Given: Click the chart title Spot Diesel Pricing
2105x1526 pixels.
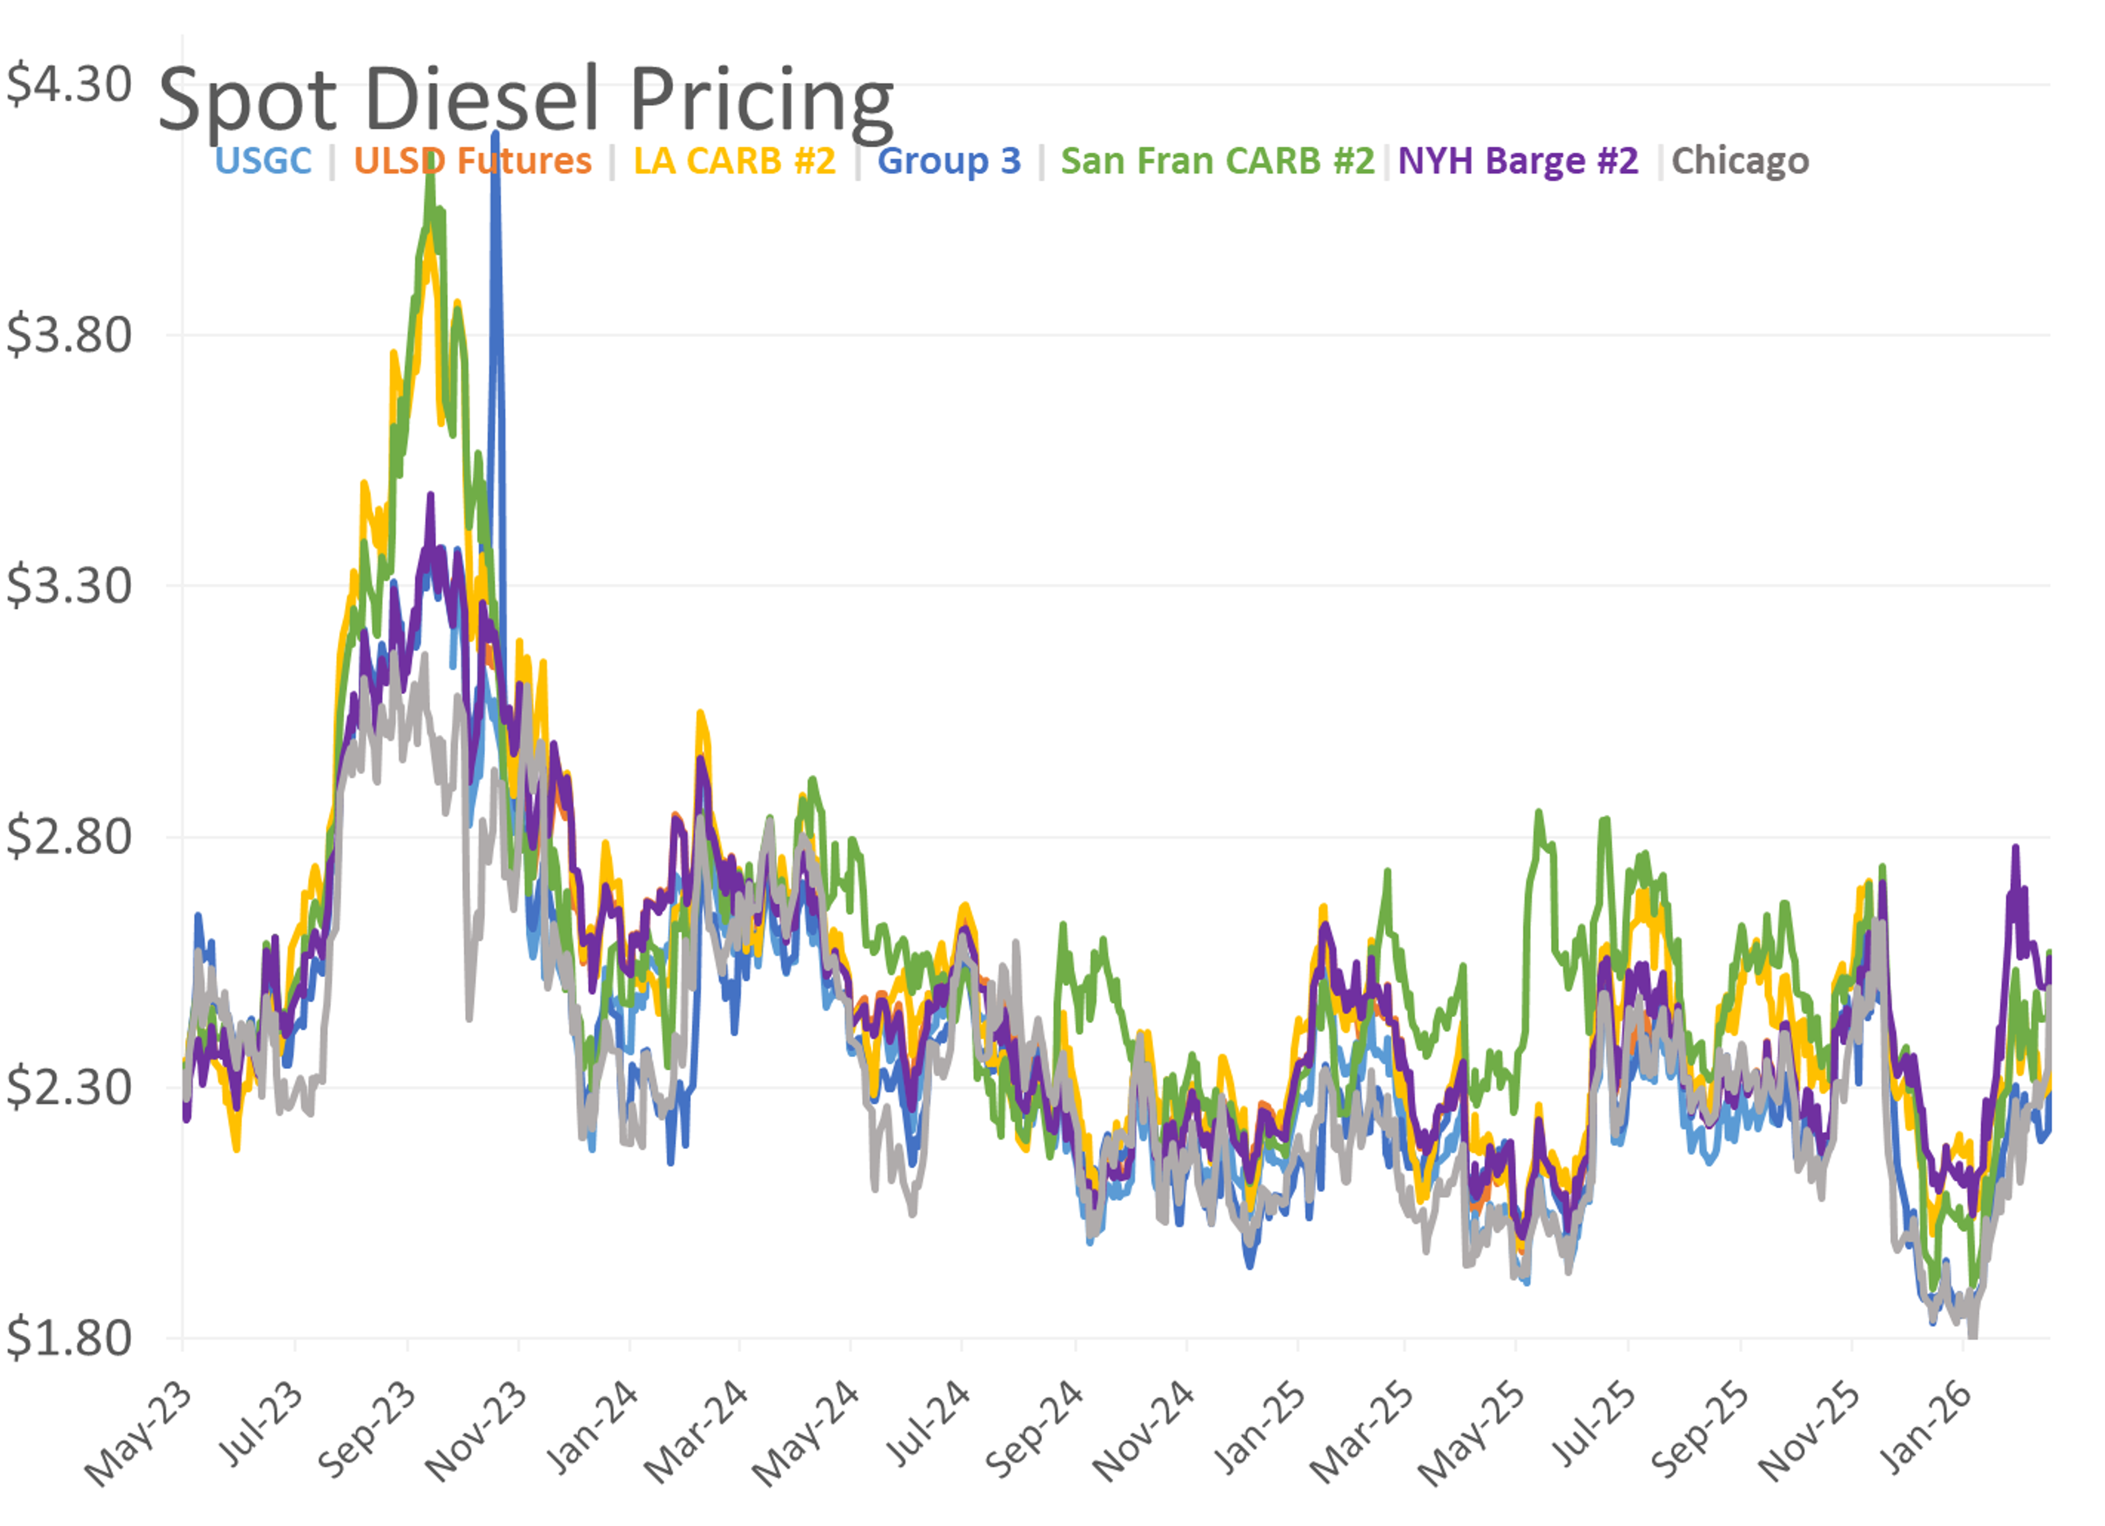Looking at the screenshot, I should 525,100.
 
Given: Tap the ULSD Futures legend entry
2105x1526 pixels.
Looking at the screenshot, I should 473,161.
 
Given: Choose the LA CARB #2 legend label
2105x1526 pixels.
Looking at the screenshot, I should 734,161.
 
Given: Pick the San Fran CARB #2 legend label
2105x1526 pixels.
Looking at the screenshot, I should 1217,161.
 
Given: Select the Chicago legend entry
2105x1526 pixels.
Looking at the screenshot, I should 1740,161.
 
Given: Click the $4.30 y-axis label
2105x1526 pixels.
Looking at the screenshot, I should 69,84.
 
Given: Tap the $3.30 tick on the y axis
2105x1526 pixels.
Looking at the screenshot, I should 69,586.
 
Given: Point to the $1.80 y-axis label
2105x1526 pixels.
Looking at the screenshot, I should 69,1337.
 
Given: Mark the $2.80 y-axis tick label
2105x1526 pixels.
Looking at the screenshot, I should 69,836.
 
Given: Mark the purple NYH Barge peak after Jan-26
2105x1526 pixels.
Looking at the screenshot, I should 2016,848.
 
